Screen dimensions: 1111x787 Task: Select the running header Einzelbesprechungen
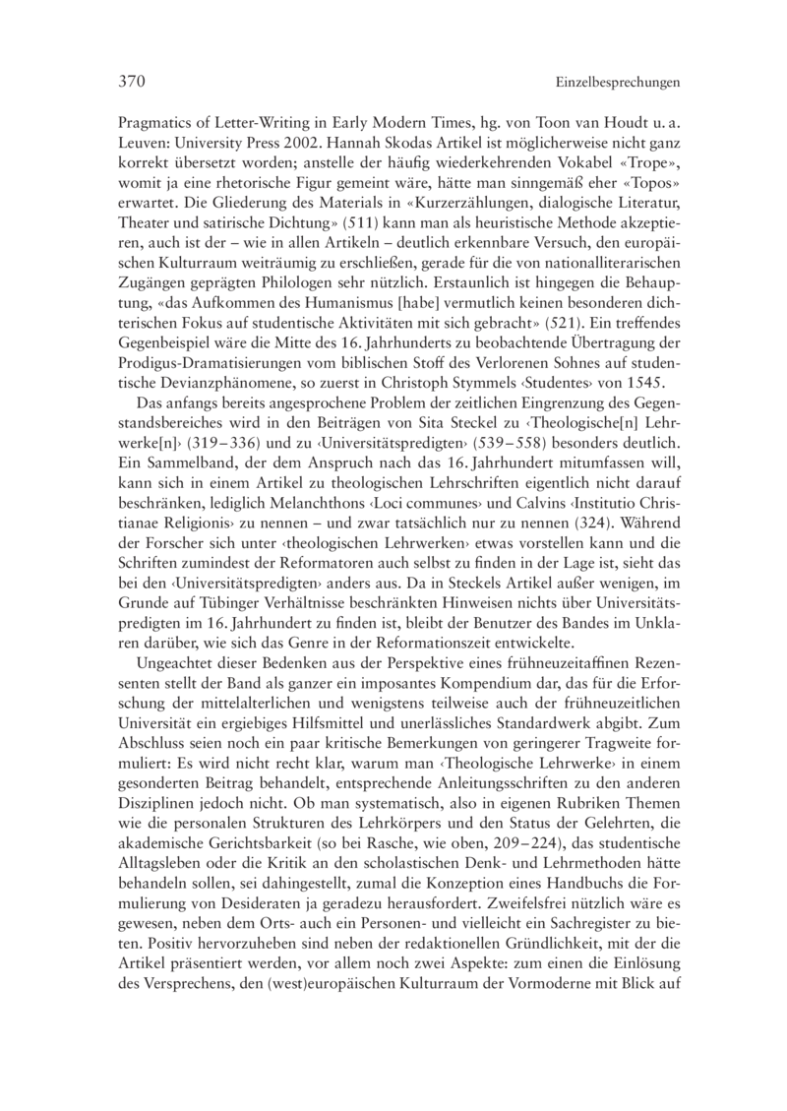coord(618,84)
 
